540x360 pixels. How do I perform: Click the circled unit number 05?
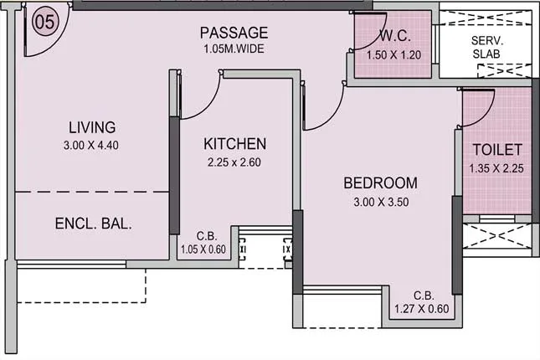pos(44,22)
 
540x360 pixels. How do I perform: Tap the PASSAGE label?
pos(234,33)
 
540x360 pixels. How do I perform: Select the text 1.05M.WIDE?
pos(234,49)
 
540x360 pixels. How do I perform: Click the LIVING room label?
pos(92,128)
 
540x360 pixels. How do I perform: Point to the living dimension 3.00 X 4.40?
pos(92,145)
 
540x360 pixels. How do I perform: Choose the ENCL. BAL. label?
pos(94,224)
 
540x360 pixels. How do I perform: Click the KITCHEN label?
pos(235,144)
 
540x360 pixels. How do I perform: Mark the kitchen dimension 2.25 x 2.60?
pos(235,162)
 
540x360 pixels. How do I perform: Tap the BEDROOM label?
pos(380,183)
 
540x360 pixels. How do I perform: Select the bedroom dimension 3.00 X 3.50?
pos(380,201)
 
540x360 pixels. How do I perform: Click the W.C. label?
pos(393,36)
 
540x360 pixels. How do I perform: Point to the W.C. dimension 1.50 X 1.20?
pos(393,55)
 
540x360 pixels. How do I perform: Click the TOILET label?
pos(497,150)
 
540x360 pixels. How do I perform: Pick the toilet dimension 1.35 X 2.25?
pos(497,168)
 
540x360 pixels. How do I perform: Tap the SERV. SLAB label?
pos(486,48)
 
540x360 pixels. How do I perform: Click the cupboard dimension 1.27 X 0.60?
pos(424,308)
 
